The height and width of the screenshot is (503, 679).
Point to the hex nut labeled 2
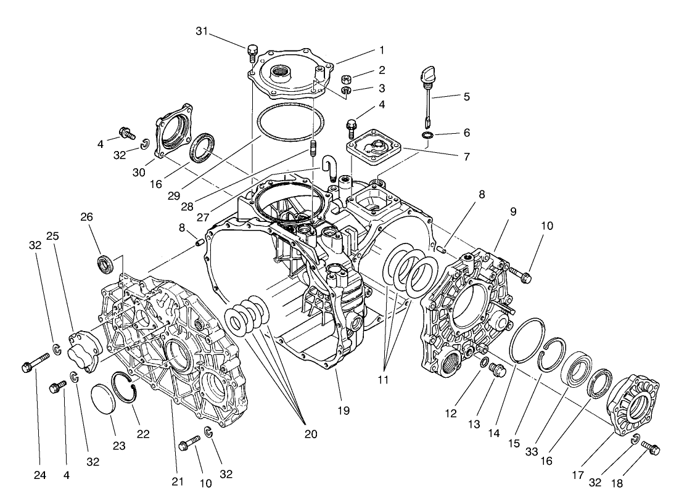coord(348,79)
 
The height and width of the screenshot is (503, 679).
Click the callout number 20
coord(310,434)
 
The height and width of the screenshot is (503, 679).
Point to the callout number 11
coord(383,380)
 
